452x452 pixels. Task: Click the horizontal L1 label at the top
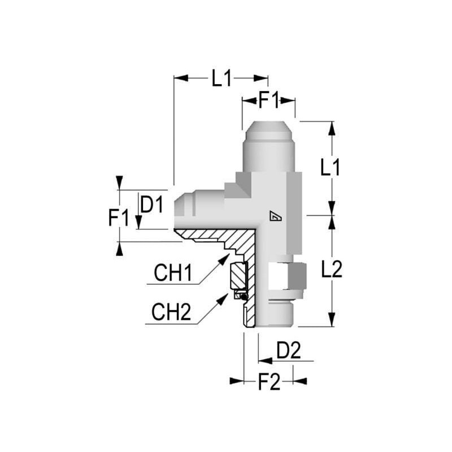click(221, 79)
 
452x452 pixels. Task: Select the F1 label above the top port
click(269, 101)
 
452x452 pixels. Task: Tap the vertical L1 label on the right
click(331, 167)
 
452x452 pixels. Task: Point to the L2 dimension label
click(332, 270)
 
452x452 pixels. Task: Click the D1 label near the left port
click(151, 205)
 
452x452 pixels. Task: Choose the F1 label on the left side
click(119, 218)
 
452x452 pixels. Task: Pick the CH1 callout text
click(173, 273)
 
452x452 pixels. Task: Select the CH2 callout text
click(171, 312)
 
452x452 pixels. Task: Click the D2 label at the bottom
click(289, 350)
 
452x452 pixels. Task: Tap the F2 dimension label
click(269, 383)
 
